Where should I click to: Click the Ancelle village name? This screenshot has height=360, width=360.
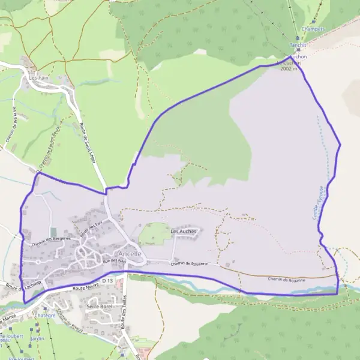(x=130, y=254)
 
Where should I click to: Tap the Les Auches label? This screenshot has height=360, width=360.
(x=184, y=231)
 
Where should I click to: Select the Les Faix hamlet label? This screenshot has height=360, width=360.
(x=38, y=78)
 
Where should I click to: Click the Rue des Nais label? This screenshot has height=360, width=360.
(x=114, y=261)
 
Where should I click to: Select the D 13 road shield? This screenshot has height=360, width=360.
(x=107, y=280)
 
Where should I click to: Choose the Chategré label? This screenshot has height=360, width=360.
(x=45, y=315)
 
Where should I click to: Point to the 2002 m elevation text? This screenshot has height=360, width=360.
(x=289, y=69)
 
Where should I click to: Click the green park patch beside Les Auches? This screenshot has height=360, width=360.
(x=154, y=233)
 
